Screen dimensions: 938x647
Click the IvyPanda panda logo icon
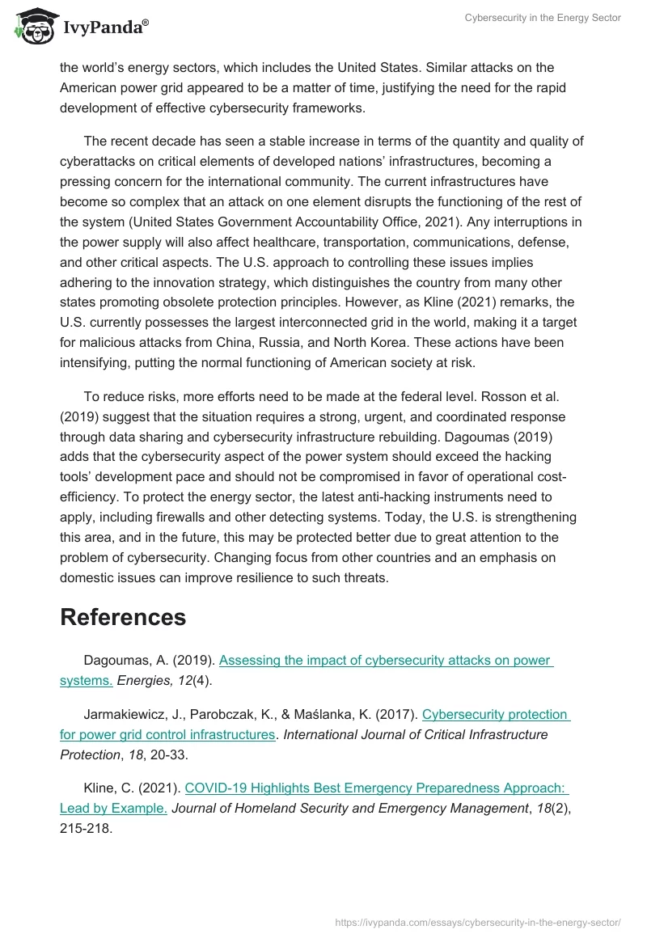[33, 27]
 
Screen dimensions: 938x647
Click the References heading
[123, 617]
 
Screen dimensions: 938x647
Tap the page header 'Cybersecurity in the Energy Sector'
[543, 18]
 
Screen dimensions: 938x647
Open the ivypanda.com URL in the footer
[477, 922]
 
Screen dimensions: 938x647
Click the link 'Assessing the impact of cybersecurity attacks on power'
[386, 660]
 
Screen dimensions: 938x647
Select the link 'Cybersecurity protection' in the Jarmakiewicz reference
[496, 714]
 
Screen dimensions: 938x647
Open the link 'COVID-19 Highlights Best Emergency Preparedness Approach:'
[377, 787]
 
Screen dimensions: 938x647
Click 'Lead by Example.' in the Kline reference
[113, 807]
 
